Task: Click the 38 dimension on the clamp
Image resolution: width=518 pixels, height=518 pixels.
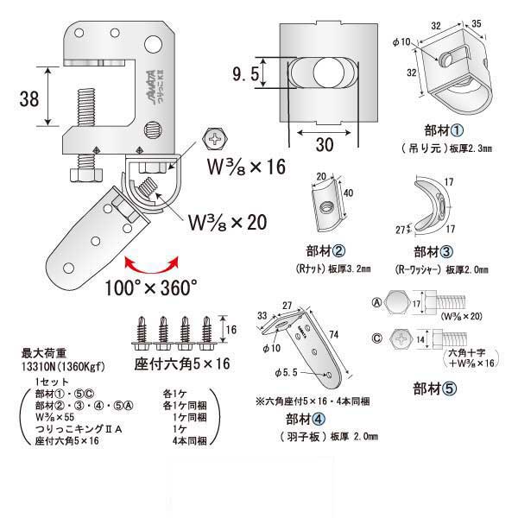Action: [x=28, y=100]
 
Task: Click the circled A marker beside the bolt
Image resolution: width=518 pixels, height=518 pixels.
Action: [x=377, y=302]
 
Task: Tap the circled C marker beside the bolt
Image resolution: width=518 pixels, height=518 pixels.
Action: [x=377, y=338]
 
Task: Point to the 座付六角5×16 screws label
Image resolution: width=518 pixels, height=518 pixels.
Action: [x=177, y=363]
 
